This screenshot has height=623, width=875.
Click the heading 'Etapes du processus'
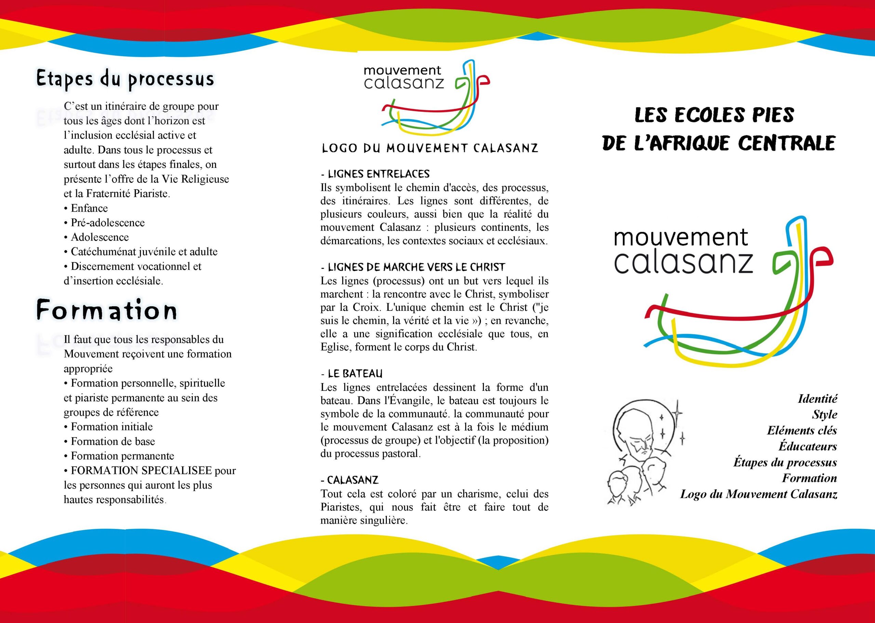click(x=125, y=79)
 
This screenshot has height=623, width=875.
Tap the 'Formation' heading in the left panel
click(x=107, y=310)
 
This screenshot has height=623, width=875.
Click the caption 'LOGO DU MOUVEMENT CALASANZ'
click(x=430, y=148)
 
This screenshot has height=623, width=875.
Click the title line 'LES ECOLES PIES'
click(x=714, y=115)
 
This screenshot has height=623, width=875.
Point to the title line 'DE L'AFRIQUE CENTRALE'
click(x=718, y=143)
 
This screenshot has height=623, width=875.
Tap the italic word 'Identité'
click(x=817, y=399)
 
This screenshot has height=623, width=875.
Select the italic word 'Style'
click(x=824, y=415)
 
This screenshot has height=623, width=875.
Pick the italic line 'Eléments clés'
click(x=802, y=430)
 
